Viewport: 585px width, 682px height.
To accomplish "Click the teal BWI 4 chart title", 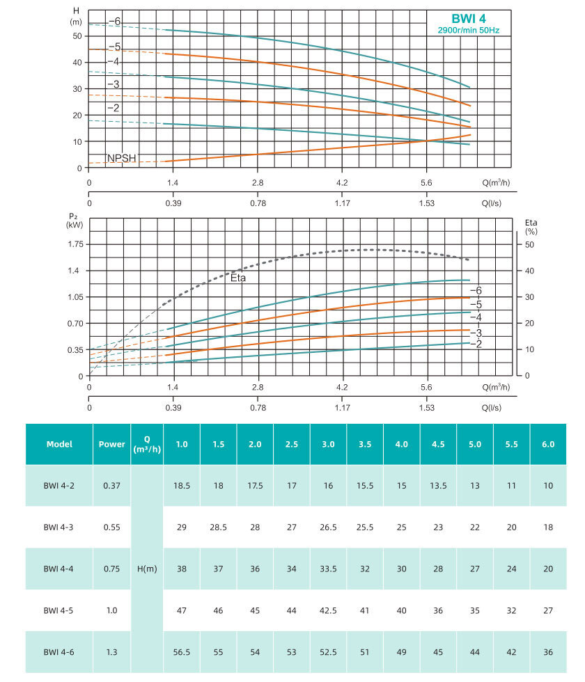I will [x=466, y=19].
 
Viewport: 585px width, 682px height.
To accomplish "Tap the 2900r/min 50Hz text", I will [x=467, y=31].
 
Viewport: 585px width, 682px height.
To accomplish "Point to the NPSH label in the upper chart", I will [x=120, y=158].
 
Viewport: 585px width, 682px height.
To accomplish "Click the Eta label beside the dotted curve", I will [x=238, y=277].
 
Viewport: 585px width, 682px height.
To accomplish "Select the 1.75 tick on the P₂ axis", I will [x=76, y=244].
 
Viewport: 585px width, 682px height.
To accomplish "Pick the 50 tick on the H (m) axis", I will [x=77, y=36].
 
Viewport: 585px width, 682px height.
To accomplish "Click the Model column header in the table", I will [x=59, y=444].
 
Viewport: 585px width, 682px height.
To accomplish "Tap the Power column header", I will [x=112, y=444].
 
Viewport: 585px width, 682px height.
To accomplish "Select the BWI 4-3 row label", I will [x=59, y=527].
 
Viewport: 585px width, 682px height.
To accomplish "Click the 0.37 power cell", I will [x=112, y=486].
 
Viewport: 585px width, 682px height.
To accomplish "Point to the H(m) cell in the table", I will [x=147, y=569].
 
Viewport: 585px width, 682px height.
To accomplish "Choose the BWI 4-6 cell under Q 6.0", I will [x=548, y=652].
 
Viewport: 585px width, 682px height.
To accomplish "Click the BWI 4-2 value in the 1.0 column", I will [x=181, y=486].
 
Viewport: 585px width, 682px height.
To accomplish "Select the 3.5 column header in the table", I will [x=365, y=444].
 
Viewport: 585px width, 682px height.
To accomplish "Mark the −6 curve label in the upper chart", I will [x=114, y=22].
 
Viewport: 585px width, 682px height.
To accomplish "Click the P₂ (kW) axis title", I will [x=75, y=221].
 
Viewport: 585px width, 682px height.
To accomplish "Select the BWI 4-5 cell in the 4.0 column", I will [x=402, y=610].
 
